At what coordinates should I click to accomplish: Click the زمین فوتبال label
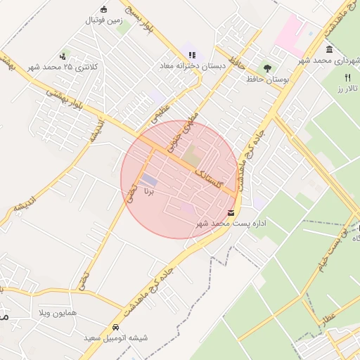tap(105, 20)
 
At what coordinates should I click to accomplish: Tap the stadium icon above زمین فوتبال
tap(105, 9)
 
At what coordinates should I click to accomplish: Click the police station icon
tap(63, 56)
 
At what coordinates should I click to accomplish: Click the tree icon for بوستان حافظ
tap(267, 68)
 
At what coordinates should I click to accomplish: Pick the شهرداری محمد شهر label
tap(329, 60)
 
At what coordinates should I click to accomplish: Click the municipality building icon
tap(329, 49)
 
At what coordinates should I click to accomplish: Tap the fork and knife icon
tap(347, 77)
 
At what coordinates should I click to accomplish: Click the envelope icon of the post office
tap(231, 212)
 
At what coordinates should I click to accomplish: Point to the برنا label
tap(148, 191)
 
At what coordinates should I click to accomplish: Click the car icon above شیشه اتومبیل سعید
tap(115, 328)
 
